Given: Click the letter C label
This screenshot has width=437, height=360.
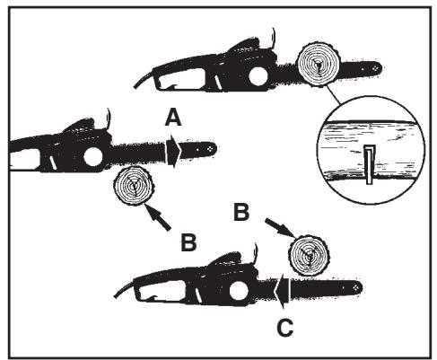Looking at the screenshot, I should coord(284,328).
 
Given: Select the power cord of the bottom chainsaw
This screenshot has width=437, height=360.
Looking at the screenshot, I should coord(126,292).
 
